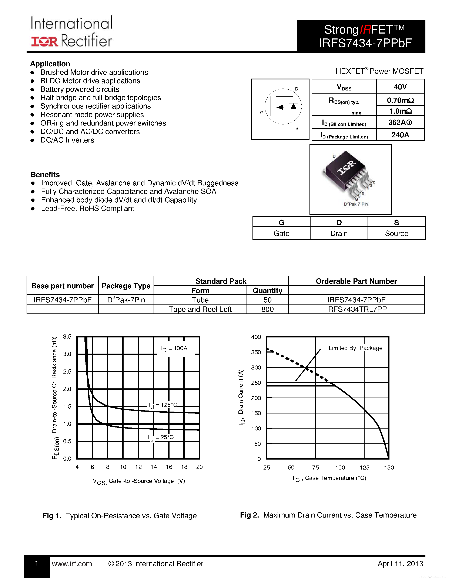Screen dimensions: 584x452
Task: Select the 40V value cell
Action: click(x=400, y=87)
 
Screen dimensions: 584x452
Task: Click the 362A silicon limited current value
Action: click(x=400, y=123)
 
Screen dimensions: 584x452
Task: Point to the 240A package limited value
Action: click(x=400, y=135)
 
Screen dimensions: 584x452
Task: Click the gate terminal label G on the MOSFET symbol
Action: click(x=262, y=113)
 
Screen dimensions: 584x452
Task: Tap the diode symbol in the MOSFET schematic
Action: click(x=294, y=106)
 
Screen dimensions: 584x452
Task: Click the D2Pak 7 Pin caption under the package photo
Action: click(x=356, y=204)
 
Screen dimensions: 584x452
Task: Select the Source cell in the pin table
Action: click(x=396, y=233)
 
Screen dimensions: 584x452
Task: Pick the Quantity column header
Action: click(x=267, y=290)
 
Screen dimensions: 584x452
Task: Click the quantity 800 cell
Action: click(x=267, y=309)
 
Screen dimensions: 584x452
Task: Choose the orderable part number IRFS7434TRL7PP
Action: click(x=356, y=309)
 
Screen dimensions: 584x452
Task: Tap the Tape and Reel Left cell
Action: click(x=200, y=309)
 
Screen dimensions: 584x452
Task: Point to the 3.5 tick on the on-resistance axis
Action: click(x=67, y=337)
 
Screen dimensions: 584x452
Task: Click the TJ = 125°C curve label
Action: click(x=162, y=405)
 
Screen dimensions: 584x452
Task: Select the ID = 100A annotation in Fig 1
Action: click(x=174, y=348)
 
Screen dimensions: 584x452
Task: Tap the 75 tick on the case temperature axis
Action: click(x=315, y=467)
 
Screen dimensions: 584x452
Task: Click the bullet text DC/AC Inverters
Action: click(x=67, y=140)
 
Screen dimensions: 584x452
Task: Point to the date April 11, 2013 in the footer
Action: click(x=400, y=564)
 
